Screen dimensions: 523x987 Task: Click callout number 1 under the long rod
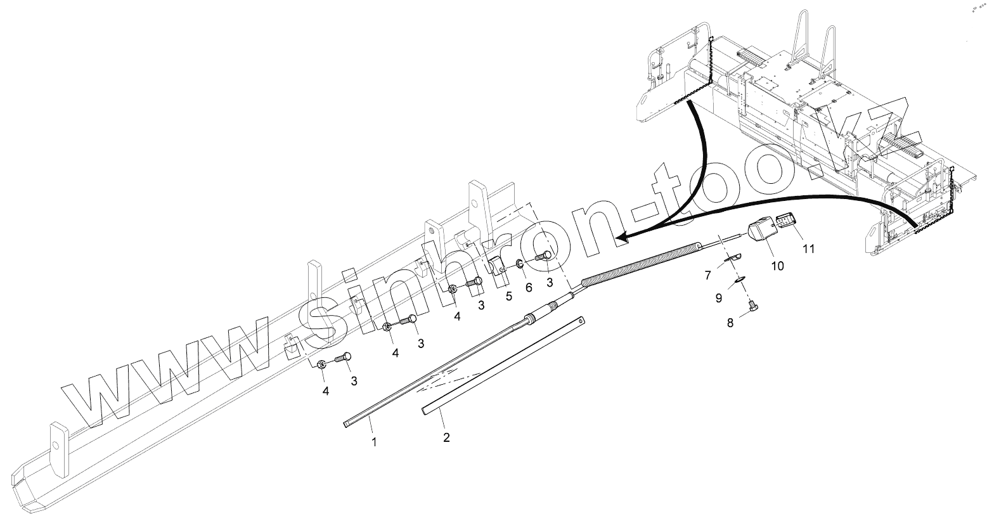pos(374,442)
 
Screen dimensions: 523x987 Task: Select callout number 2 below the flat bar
pos(446,437)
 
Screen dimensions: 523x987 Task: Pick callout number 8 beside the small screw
pos(730,323)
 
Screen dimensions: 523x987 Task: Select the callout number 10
pos(777,266)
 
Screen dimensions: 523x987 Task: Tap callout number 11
pos(808,249)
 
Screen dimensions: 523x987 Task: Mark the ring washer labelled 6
pos(519,264)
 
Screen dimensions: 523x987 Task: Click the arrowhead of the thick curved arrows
pos(624,238)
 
